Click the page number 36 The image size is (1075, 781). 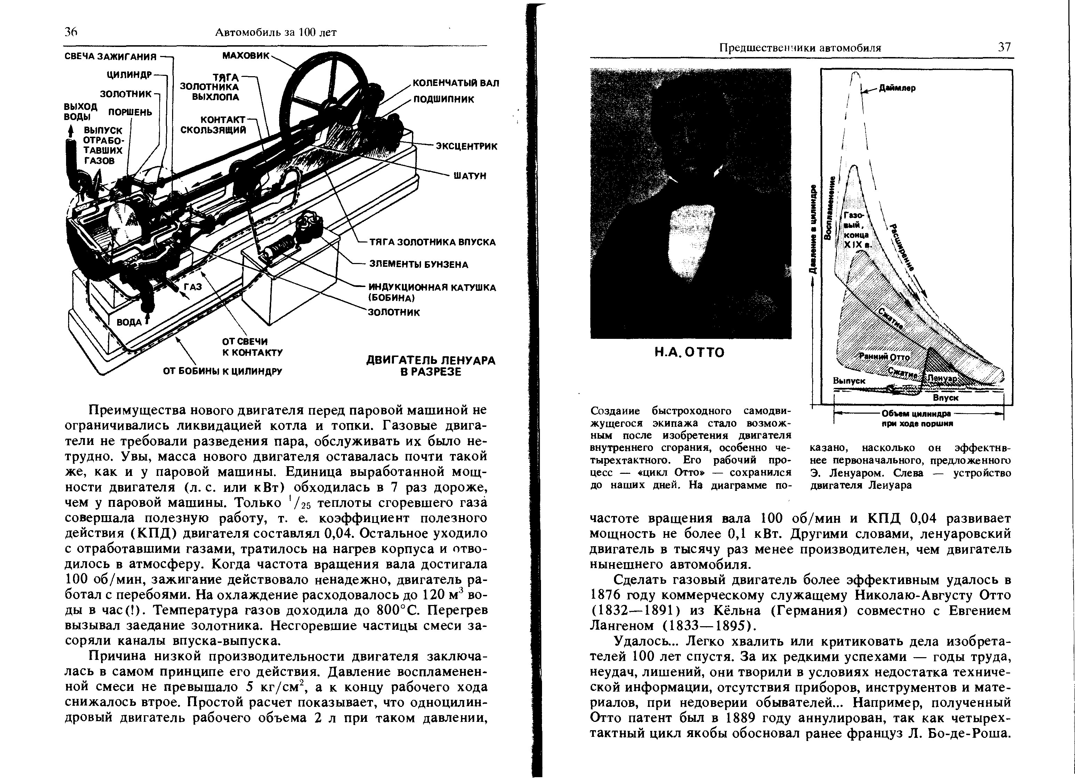tap(71, 32)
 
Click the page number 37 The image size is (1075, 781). tap(1004, 47)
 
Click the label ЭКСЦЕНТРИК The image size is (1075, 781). tap(467, 146)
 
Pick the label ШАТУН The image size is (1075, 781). tap(470, 176)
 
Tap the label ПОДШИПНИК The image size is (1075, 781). tap(444, 99)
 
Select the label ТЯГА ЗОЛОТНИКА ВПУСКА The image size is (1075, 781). tap(432, 242)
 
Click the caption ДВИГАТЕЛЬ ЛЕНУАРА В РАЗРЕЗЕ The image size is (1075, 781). tap(430, 366)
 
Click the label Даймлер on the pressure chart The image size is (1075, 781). tap(897, 88)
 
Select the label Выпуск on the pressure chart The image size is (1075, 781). tap(849, 381)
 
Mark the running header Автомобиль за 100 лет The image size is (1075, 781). tap(276, 32)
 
